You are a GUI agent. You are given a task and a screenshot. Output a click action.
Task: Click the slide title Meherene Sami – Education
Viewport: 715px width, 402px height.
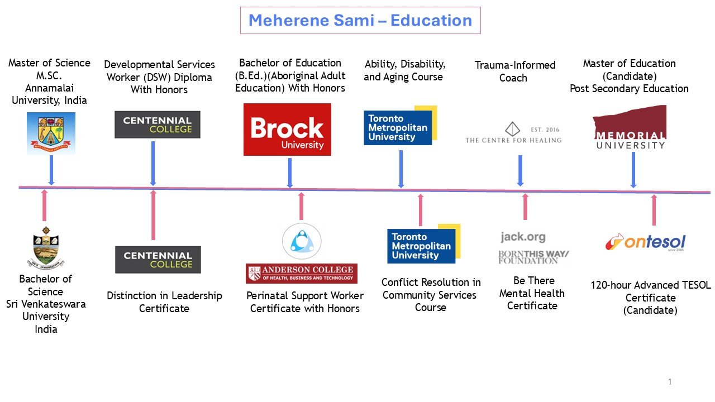click(360, 21)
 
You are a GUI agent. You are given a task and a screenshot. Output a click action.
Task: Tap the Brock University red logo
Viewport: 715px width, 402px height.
click(287, 130)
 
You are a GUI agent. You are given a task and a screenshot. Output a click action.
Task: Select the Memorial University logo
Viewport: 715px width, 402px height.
click(630, 128)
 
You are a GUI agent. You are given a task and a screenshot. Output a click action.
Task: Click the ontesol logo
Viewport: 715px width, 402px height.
click(645, 242)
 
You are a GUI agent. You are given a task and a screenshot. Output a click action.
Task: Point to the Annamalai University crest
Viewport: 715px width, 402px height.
click(51, 133)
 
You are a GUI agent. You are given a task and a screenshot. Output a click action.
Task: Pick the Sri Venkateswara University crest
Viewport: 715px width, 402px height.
click(46, 247)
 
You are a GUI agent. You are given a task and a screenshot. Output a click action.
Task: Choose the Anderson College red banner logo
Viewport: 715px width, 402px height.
click(302, 274)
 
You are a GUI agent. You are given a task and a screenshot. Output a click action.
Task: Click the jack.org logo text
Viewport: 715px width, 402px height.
click(523, 237)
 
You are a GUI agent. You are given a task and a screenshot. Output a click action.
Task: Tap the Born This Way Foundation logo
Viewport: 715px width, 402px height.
click(533, 257)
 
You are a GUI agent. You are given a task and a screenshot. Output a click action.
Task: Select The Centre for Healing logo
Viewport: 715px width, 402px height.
click(513, 133)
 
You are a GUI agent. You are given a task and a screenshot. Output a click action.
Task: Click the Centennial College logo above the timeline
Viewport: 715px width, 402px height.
click(157, 125)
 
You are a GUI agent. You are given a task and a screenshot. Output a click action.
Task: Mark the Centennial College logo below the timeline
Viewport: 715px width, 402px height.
click(158, 260)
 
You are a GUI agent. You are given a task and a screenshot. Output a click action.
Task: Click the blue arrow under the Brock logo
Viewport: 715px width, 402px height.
click(290, 173)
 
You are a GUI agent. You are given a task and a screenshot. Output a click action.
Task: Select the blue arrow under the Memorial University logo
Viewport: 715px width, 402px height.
click(633, 170)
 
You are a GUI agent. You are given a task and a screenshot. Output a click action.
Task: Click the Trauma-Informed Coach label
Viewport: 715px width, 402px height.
click(514, 71)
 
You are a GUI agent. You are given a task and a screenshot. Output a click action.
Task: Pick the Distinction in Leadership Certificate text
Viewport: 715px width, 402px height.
click(164, 302)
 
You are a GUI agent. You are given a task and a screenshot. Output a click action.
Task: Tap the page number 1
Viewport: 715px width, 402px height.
click(669, 382)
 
